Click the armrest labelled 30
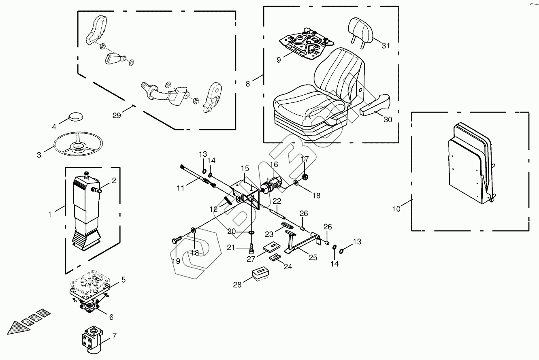[x=375, y=104]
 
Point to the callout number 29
[x=117, y=116]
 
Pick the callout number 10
[x=396, y=209]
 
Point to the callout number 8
[x=248, y=84]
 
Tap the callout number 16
[x=274, y=164]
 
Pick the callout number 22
[x=277, y=201]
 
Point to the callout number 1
[x=50, y=214]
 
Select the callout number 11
[x=180, y=187]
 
